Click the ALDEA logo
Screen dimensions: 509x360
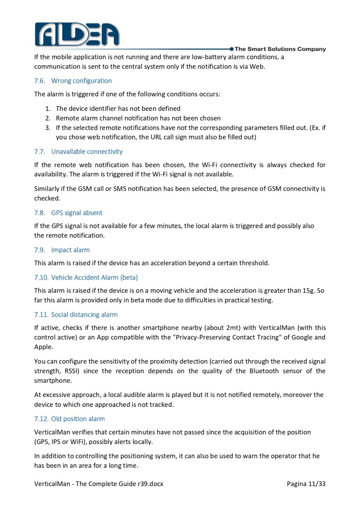pyautogui.click(x=77, y=33)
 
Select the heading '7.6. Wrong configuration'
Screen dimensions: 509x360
pyautogui.click(x=73, y=81)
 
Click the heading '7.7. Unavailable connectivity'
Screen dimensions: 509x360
pyautogui.click(x=78, y=152)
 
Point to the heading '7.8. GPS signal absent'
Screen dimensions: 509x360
pyautogui.click(x=68, y=213)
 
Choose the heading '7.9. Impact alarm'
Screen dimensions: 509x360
pyautogui.click(x=62, y=250)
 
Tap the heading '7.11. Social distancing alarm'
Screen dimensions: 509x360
pyautogui.click(x=76, y=315)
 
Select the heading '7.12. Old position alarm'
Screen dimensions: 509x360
pyautogui.click(x=69, y=419)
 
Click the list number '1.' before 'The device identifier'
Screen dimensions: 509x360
pyautogui.click(x=47, y=108)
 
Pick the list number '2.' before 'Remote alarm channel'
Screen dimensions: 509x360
pyautogui.click(x=47, y=118)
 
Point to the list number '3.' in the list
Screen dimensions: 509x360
pyautogui.click(x=47, y=128)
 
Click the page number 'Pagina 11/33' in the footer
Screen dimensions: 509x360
pyautogui.click(x=306, y=484)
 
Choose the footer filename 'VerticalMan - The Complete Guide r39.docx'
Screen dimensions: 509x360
pyautogui.click(x=99, y=484)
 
